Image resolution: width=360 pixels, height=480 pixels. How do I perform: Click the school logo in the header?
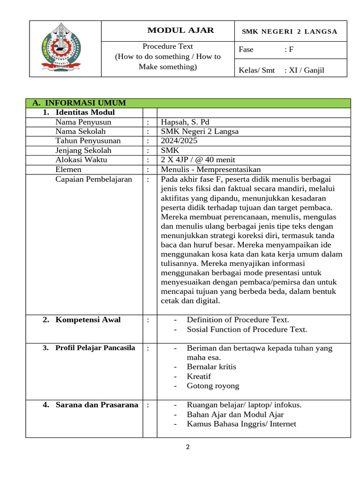point(65,49)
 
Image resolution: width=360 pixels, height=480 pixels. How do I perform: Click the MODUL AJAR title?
point(180,30)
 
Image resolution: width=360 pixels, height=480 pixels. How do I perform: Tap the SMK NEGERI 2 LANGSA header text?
point(289,31)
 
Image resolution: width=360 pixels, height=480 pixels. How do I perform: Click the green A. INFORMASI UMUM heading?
point(79,103)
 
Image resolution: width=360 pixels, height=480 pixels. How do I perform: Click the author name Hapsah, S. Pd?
point(185,122)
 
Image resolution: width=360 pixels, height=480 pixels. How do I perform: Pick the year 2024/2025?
point(180,141)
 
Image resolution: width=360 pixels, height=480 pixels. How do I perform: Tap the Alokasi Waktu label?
point(81,159)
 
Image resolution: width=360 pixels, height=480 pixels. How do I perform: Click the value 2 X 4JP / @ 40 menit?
point(202,159)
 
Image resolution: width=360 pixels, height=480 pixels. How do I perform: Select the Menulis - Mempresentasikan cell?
point(210,169)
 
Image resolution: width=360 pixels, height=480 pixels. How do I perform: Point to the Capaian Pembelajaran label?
point(94,179)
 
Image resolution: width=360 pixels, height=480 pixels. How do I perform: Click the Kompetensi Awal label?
point(88,320)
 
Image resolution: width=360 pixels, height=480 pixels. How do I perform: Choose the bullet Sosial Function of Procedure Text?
point(247,329)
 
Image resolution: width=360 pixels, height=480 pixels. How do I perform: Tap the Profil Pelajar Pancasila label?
point(95,348)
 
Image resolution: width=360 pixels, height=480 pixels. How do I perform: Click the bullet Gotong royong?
point(213,386)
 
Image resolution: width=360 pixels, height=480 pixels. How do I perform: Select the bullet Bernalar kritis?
point(211,367)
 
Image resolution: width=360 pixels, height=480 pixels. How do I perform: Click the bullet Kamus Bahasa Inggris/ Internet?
point(241,424)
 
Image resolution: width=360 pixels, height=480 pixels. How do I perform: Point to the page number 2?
point(188,447)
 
